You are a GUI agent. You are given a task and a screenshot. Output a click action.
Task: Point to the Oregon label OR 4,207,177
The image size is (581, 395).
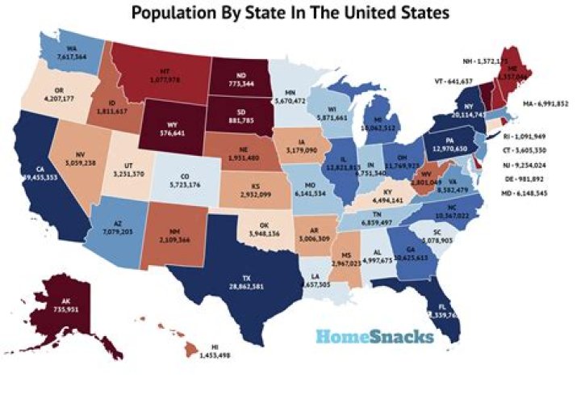click(62, 96)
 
